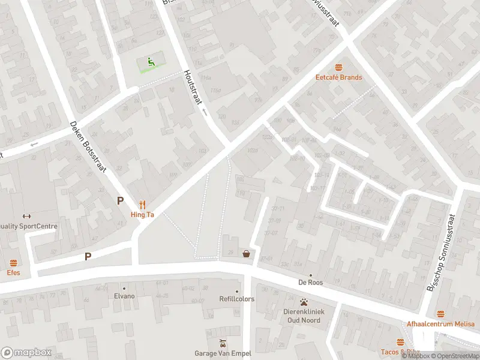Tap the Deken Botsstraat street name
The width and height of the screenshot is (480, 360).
coord(89,148)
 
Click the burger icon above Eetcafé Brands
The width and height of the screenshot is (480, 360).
coord(339,67)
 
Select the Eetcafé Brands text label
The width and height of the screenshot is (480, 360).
coord(339,77)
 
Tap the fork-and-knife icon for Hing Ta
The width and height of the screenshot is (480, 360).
coord(143,203)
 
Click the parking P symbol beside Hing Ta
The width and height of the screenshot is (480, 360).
coord(121,201)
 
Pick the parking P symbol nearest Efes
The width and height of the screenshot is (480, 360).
coord(88,256)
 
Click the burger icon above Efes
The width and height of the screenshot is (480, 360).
coord(13,263)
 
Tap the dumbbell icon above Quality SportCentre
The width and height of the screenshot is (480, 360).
coord(26,216)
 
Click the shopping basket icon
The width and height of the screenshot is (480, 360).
coord(246,254)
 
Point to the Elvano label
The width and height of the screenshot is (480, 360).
coord(124,296)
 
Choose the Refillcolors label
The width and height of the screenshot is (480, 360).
coord(237,299)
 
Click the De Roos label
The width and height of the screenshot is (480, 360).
coord(311,283)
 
